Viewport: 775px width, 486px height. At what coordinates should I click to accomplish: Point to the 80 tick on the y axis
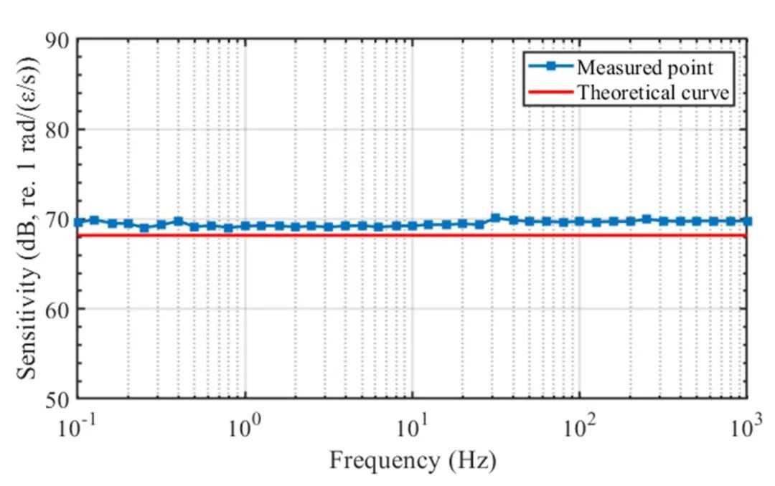tap(57, 130)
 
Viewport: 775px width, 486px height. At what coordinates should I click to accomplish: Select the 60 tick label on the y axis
tap(57, 309)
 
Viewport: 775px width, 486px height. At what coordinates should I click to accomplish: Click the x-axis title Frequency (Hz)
tap(413, 461)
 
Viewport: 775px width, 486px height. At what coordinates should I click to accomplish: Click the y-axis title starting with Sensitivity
tap(28, 218)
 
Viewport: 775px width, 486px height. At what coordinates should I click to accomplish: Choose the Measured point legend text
tap(645, 67)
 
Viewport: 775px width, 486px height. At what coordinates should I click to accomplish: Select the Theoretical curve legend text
tap(654, 92)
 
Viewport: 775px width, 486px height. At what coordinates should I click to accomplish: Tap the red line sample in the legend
tap(550, 92)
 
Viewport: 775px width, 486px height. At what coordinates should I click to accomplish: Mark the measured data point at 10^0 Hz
tap(245, 227)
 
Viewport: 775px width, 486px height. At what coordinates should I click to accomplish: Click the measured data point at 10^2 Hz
tap(580, 221)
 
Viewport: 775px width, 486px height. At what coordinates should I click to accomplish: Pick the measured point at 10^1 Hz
tap(413, 226)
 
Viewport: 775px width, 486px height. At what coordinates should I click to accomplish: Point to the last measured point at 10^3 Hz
tap(747, 221)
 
